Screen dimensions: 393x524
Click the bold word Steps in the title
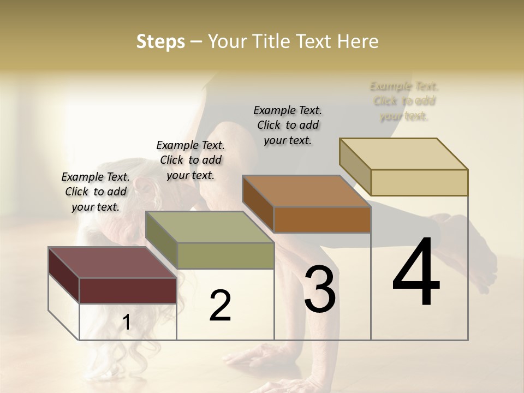[x=160, y=41]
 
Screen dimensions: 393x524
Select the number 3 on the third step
[x=320, y=289]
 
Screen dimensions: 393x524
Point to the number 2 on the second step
[x=220, y=306]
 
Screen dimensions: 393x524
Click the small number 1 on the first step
[x=127, y=323]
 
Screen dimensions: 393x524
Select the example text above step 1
[x=96, y=192]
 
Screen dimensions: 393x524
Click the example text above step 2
[x=190, y=160]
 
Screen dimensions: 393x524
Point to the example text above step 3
[x=288, y=125]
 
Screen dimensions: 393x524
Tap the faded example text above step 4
[x=404, y=101]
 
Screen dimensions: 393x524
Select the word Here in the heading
[x=358, y=41]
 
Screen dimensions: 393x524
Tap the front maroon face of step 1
[x=128, y=290]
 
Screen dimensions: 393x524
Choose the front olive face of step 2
[x=225, y=255]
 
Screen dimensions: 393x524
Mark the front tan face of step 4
[x=419, y=182]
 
